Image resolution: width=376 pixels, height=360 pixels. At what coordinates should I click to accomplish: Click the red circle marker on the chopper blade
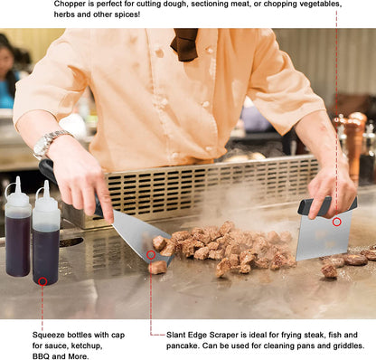(x=337, y=223)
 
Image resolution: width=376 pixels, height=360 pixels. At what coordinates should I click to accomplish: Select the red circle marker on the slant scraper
(x=151, y=255)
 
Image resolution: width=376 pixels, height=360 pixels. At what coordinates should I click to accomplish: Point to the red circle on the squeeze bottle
(x=42, y=281)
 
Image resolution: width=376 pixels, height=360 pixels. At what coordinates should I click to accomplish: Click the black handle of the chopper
(x=327, y=205)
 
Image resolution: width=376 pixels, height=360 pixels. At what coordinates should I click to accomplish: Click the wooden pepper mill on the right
(x=352, y=143)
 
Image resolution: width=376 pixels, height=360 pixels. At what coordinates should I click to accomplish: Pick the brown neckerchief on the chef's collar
(x=185, y=43)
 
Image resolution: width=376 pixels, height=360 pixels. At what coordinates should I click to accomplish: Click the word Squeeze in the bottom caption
(x=48, y=335)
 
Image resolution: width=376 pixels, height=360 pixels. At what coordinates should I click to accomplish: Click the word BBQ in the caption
(x=41, y=356)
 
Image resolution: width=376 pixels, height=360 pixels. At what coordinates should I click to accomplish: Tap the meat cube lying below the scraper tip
(x=157, y=267)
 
